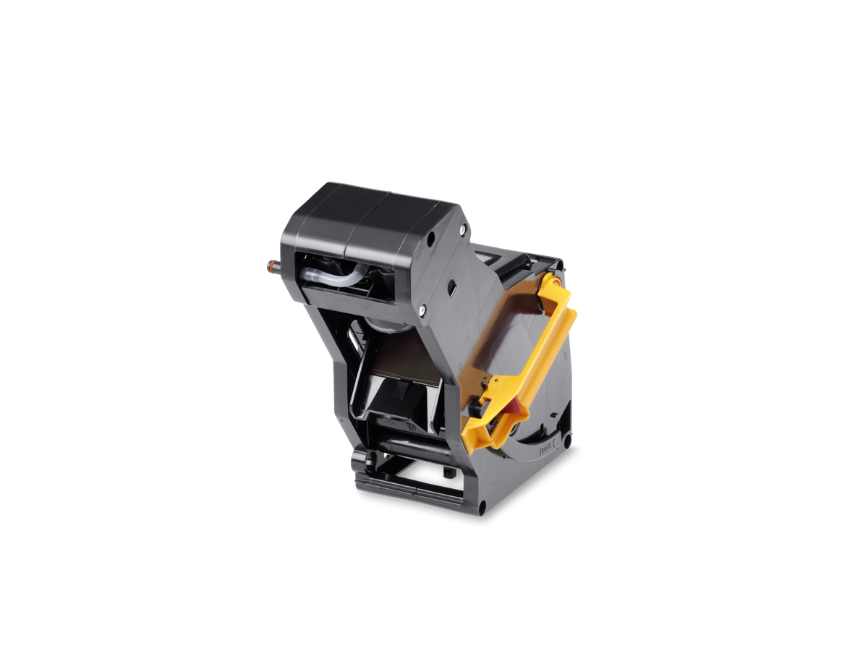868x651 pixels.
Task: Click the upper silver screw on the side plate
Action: pyautogui.click(x=462, y=228)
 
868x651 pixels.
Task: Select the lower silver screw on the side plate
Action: pyautogui.click(x=422, y=310)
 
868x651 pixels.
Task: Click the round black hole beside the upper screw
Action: pyautogui.click(x=431, y=237)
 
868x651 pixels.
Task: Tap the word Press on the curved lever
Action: pyautogui.click(x=546, y=450)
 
